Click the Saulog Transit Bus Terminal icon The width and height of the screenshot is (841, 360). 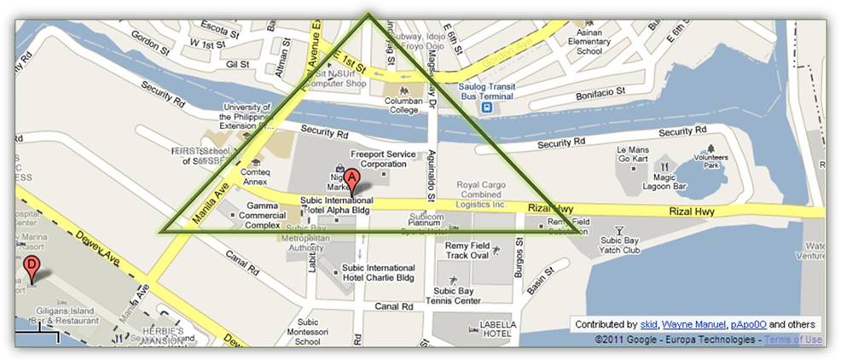pyautogui.click(x=484, y=107)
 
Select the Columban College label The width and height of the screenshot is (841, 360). pyautogui.click(x=400, y=104)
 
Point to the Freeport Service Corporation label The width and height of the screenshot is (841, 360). pyautogui.click(x=383, y=158)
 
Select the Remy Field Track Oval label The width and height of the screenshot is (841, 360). pyautogui.click(x=467, y=250)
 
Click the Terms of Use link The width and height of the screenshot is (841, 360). pyautogui.click(x=792, y=340)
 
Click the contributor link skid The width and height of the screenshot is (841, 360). pyautogui.click(x=649, y=324)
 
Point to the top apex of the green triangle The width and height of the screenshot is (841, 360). pyautogui.click(x=368, y=14)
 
